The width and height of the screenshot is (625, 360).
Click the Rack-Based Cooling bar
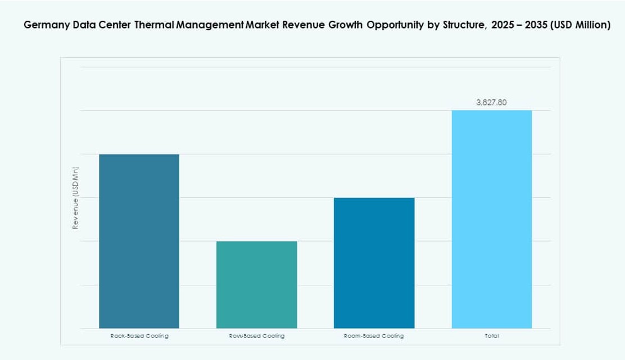(x=139, y=241)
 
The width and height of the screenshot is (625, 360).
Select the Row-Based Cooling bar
(x=257, y=285)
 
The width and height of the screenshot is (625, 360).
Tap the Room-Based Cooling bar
(x=374, y=263)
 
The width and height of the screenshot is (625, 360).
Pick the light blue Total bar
(x=492, y=219)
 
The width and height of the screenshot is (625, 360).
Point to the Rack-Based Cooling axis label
(x=139, y=336)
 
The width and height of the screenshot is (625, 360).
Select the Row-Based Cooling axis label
(x=257, y=336)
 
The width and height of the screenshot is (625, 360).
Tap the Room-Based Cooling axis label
(x=374, y=336)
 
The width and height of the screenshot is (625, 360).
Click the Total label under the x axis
(x=492, y=336)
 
